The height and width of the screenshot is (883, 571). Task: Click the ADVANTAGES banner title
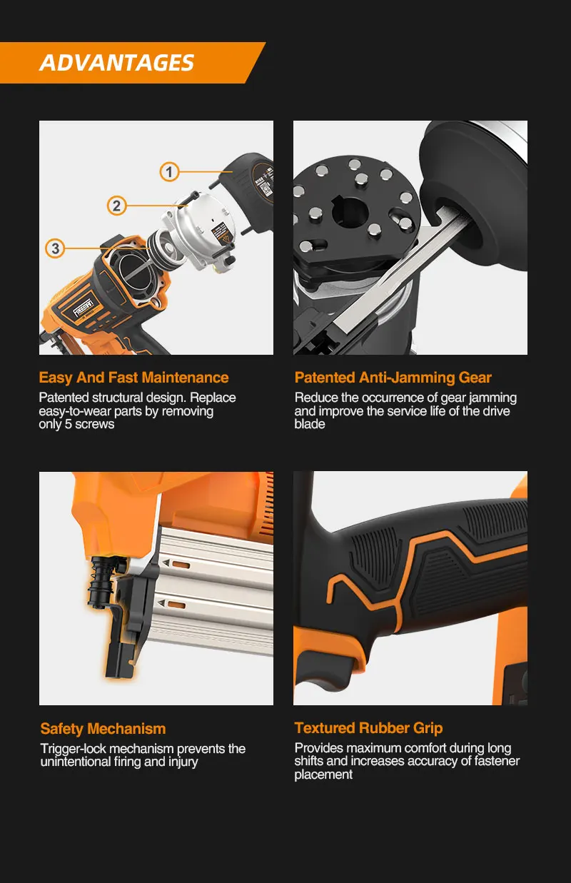click(116, 63)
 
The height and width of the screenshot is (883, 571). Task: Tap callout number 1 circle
click(169, 172)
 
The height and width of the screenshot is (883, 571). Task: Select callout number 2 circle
click(116, 206)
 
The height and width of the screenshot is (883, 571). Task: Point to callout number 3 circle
click(55, 248)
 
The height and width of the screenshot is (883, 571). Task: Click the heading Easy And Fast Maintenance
click(133, 377)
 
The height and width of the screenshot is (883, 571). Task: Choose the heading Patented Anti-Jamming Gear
click(393, 378)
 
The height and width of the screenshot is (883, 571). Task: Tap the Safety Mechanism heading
click(103, 729)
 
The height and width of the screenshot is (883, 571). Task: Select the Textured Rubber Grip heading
click(368, 727)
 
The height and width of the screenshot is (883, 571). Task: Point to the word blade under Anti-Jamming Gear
click(310, 424)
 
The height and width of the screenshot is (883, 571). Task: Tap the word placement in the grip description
click(323, 774)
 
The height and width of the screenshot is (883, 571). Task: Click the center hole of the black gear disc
click(349, 212)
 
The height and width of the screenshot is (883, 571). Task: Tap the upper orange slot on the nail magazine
click(181, 565)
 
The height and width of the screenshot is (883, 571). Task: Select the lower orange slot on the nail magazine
click(176, 605)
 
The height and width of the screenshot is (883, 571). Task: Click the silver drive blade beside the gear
click(394, 276)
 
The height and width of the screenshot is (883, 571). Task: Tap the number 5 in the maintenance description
click(69, 424)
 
